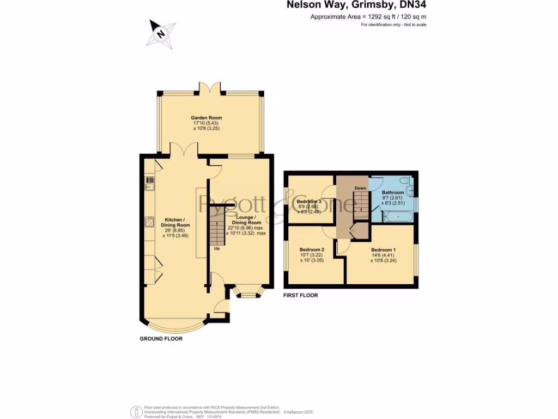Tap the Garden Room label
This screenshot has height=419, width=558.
pyautogui.click(x=206, y=118)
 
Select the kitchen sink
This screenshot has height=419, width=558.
pyautogui.click(x=148, y=185)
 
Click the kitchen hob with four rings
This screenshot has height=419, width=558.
pyautogui.click(x=149, y=222)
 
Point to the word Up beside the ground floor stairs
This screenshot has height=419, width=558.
pyautogui.click(x=216, y=249)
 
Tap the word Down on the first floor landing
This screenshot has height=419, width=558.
pyautogui.click(x=360, y=188)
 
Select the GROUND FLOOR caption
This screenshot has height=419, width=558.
pyautogui.click(x=161, y=339)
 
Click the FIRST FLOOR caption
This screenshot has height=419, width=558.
pyautogui.click(x=300, y=295)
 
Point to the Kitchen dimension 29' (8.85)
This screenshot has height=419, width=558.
pyautogui.click(x=174, y=230)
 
